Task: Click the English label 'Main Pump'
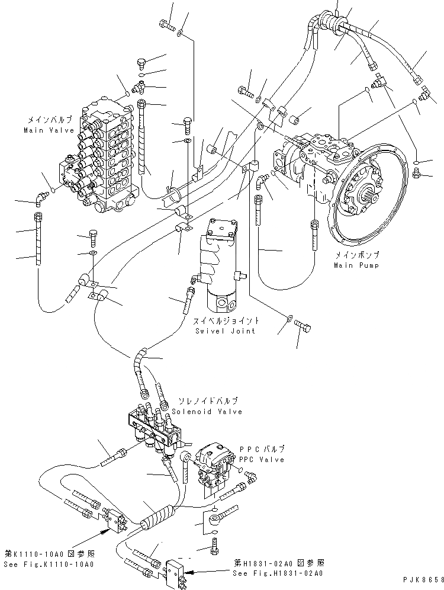(x=356, y=265)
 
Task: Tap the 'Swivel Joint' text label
(x=224, y=330)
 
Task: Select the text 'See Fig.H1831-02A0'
(x=278, y=573)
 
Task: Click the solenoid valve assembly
(x=155, y=427)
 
